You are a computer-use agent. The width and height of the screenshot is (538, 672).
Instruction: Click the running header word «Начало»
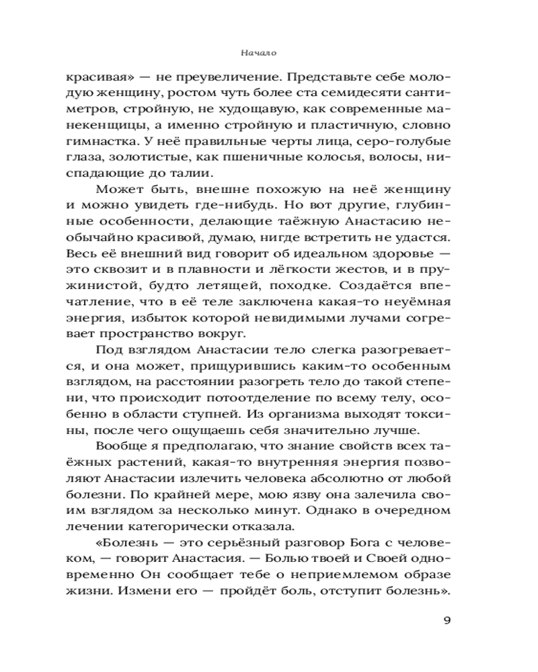pos(259,51)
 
